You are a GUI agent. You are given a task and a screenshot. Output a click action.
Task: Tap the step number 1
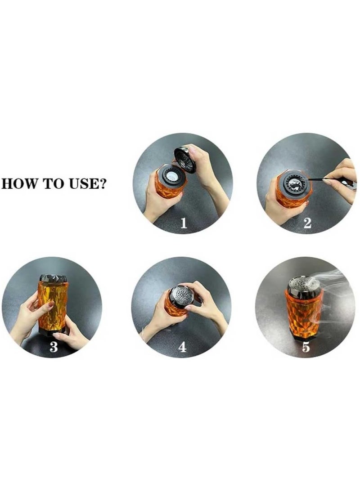coord(184,223)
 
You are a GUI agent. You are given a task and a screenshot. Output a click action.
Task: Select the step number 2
coord(307,223)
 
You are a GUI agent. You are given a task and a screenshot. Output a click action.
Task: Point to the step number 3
coord(54,347)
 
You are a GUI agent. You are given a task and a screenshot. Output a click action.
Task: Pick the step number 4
coord(182,347)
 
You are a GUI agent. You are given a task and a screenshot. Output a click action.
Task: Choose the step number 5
coord(306,347)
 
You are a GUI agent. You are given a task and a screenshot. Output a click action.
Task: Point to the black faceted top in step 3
coord(52,278)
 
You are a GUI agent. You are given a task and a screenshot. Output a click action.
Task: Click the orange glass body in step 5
coord(302,313)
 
